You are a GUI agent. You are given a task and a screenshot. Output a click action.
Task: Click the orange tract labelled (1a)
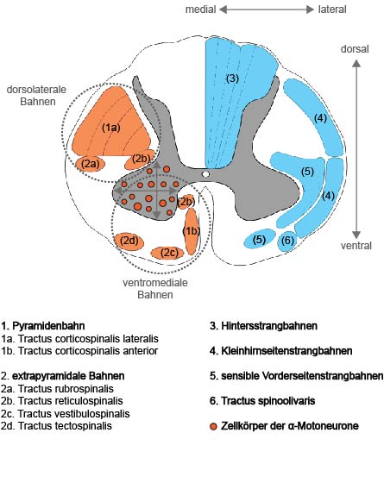[111, 123]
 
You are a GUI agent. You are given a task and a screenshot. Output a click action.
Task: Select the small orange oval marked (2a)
[91, 164]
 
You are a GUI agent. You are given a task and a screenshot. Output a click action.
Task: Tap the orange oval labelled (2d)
[129, 241]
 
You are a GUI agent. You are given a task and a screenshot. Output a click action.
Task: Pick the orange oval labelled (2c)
[167, 253]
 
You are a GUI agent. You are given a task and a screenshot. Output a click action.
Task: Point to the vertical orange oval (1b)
[192, 231]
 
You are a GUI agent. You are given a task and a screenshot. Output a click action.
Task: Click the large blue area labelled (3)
[237, 102]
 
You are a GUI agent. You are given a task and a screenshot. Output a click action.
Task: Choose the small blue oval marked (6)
[287, 241]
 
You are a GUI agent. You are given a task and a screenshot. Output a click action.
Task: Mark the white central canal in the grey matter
[205, 174]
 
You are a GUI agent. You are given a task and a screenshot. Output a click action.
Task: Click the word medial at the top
[200, 9]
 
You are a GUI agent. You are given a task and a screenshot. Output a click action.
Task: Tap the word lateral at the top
[332, 9]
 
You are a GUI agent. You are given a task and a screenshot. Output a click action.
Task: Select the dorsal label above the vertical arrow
[355, 49]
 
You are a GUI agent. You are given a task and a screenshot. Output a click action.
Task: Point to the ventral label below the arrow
[356, 246]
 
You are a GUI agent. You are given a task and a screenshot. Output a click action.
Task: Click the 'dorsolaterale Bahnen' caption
[36, 96]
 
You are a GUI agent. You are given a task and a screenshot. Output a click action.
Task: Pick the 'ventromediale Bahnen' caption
[155, 289]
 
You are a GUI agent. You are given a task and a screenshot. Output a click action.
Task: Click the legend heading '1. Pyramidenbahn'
[43, 326]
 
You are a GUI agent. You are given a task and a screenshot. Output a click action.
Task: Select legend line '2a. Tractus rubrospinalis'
[57, 388]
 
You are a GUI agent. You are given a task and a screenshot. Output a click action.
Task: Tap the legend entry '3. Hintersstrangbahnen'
[263, 326]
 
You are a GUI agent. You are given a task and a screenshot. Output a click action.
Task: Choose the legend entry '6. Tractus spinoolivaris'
[262, 401]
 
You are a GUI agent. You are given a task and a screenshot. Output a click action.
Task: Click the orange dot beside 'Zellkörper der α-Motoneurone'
[213, 426]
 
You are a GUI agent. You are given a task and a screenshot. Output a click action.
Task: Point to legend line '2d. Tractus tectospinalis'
[56, 426]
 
